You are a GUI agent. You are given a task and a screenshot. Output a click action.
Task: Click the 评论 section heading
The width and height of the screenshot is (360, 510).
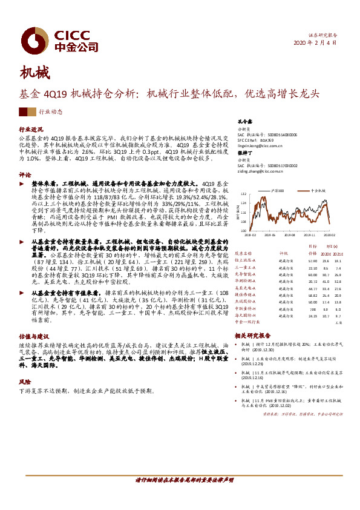[25, 173]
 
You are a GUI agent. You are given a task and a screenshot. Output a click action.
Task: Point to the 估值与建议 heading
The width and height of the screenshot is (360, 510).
[33, 335]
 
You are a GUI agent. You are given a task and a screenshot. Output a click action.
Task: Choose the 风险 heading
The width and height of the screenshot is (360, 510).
[25, 382]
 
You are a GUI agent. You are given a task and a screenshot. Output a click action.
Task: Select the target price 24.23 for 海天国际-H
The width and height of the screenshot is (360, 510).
[313, 316]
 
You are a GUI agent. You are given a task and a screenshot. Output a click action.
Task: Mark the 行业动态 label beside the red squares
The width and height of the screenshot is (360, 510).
[50, 112]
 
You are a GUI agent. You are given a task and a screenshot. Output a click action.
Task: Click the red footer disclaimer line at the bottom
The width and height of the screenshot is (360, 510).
[180, 480]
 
